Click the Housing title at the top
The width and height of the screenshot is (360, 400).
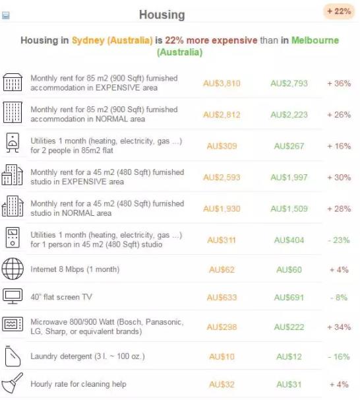click(162, 15)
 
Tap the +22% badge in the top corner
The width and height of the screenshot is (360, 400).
click(339, 11)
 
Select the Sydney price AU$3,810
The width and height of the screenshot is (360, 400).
click(222, 83)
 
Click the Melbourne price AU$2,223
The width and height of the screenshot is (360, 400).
click(289, 115)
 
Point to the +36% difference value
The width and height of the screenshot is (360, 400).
click(339, 83)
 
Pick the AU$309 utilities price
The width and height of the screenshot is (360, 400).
click(222, 146)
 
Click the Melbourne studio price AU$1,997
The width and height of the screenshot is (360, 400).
click(289, 178)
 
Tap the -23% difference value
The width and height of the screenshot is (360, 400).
click(339, 240)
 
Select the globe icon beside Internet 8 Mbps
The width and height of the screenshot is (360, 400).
click(13, 269)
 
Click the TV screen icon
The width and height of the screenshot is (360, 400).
click(13, 296)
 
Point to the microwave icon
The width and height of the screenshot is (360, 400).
click(13, 324)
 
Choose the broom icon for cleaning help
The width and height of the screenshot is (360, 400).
click(12, 383)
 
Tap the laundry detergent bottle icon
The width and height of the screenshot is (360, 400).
click(13, 356)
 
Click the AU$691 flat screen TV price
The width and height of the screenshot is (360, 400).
click(289, 298)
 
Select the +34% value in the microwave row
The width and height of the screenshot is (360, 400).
click(339, 327)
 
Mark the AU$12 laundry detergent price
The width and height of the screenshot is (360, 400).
click(289, 356)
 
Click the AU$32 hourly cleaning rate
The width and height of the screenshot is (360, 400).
click(222, 384)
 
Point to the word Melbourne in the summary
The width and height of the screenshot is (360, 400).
click(315, 40)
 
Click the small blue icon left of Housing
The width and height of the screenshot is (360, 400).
click(6, 15)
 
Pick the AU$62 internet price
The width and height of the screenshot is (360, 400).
click(222, 270)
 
